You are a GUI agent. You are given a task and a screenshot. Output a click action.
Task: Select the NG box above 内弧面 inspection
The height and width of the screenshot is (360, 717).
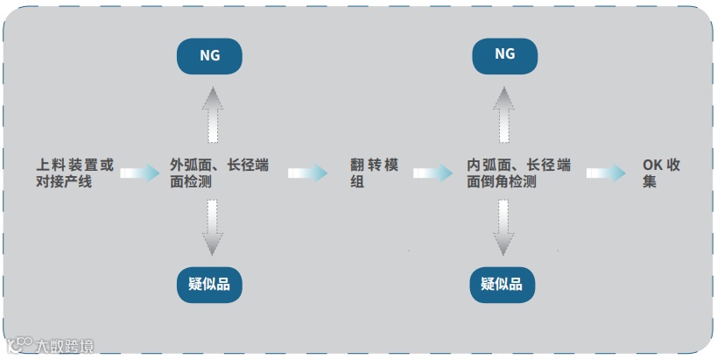coord(505,55)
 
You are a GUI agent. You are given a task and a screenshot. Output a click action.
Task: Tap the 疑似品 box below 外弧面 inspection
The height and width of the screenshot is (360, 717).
coord(209,285)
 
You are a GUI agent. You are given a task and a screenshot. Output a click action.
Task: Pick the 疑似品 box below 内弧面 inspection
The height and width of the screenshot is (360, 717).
coord(502,285)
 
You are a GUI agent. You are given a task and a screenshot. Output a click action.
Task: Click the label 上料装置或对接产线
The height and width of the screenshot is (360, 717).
coord(74,173)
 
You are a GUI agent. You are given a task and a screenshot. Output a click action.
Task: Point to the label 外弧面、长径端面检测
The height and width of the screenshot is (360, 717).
coord(219,173)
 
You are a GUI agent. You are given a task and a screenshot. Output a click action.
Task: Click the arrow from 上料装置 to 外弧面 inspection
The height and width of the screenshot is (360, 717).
coord(139,173)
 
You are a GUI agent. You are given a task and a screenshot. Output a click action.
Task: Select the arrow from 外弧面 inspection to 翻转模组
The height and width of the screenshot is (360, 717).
coord(307,173)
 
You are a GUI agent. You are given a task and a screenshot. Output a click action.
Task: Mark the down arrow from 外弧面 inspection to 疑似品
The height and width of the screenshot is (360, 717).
coord(212,227)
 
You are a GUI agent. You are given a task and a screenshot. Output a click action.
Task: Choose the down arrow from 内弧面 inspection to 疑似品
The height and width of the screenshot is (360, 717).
coord(503,227)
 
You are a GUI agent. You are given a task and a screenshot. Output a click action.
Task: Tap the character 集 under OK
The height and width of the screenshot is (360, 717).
coord(649,182)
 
